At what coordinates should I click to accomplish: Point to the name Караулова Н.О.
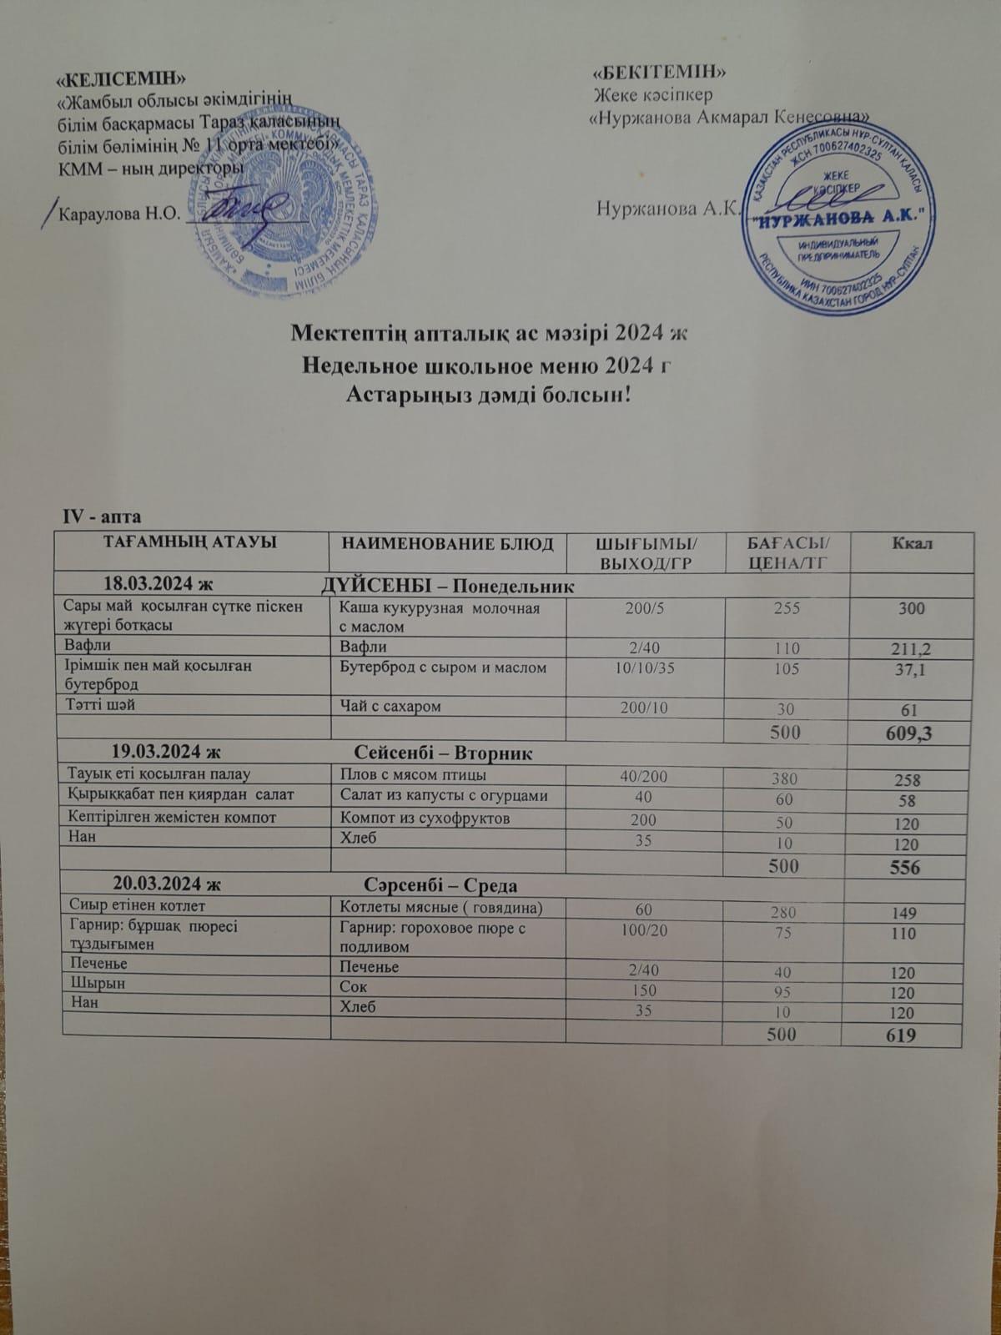pos(116,213)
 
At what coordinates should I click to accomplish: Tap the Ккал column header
pos(912,543)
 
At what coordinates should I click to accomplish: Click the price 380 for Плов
pos(785,778)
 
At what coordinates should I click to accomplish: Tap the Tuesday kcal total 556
pos(903,868)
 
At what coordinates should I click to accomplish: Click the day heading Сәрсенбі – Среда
pos(442,885)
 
